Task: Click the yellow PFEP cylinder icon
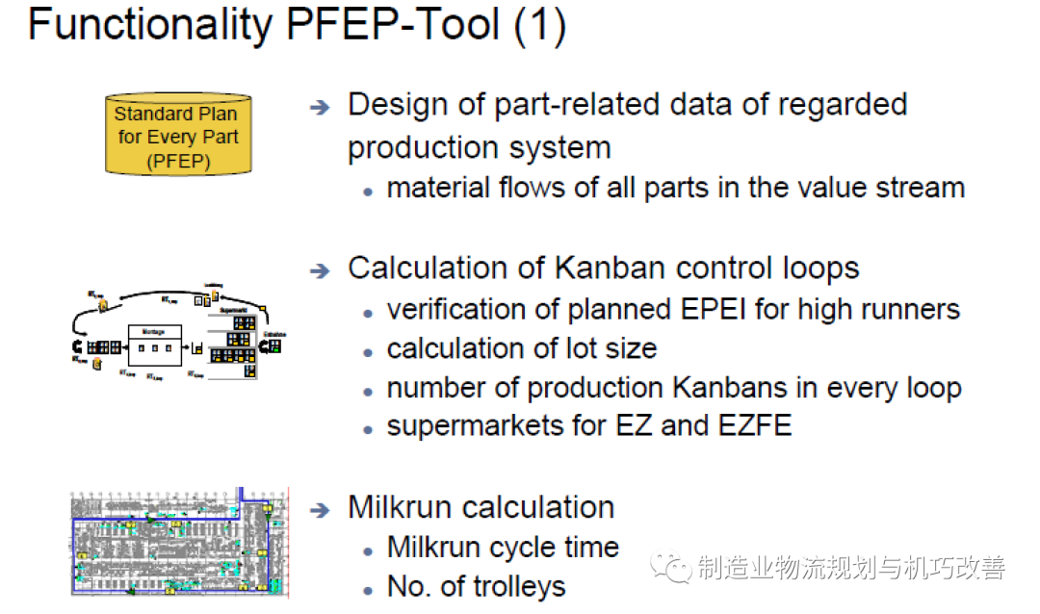pos(177,136)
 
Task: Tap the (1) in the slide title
pos(538,25)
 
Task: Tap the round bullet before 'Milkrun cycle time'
pos(368,551)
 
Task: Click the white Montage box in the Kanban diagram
pos(155,345)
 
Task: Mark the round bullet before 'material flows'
pos(368,191)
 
